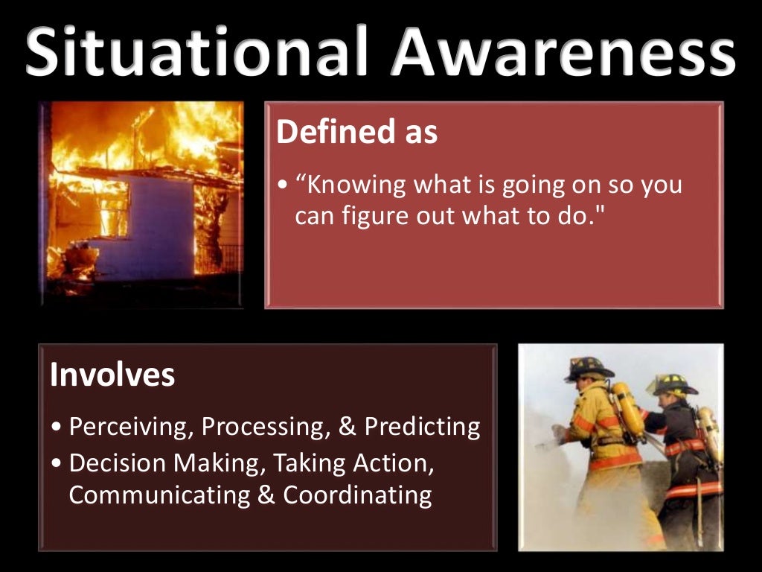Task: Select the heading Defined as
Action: click(356, 133)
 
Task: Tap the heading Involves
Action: click(112, 375)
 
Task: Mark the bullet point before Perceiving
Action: click(58, 428)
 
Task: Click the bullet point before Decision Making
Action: click(58, 463)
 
